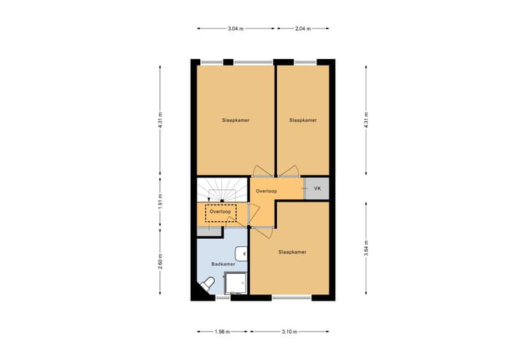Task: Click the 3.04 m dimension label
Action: (x=235, y=28)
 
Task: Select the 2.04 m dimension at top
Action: (x=302, y=28)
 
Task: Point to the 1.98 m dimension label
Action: (x=223, y=332)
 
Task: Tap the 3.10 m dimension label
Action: (x=291, y=332)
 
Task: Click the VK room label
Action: (x=317, y=188)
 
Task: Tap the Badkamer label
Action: (x=222, y=264)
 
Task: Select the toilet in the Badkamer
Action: (x=208, y=283)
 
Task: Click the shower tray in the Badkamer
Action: (x=235, y=283)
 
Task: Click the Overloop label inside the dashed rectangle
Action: (x=221, y=212)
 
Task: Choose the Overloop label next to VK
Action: (x=267, y=191)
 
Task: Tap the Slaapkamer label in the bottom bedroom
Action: (x=291, y=252)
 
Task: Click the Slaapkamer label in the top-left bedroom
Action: (x=236, y=120)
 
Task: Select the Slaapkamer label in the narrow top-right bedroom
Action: (x=302, y=120)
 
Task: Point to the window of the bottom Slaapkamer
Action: (x=291, y=297)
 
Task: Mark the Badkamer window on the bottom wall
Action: (x=223, y=298)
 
